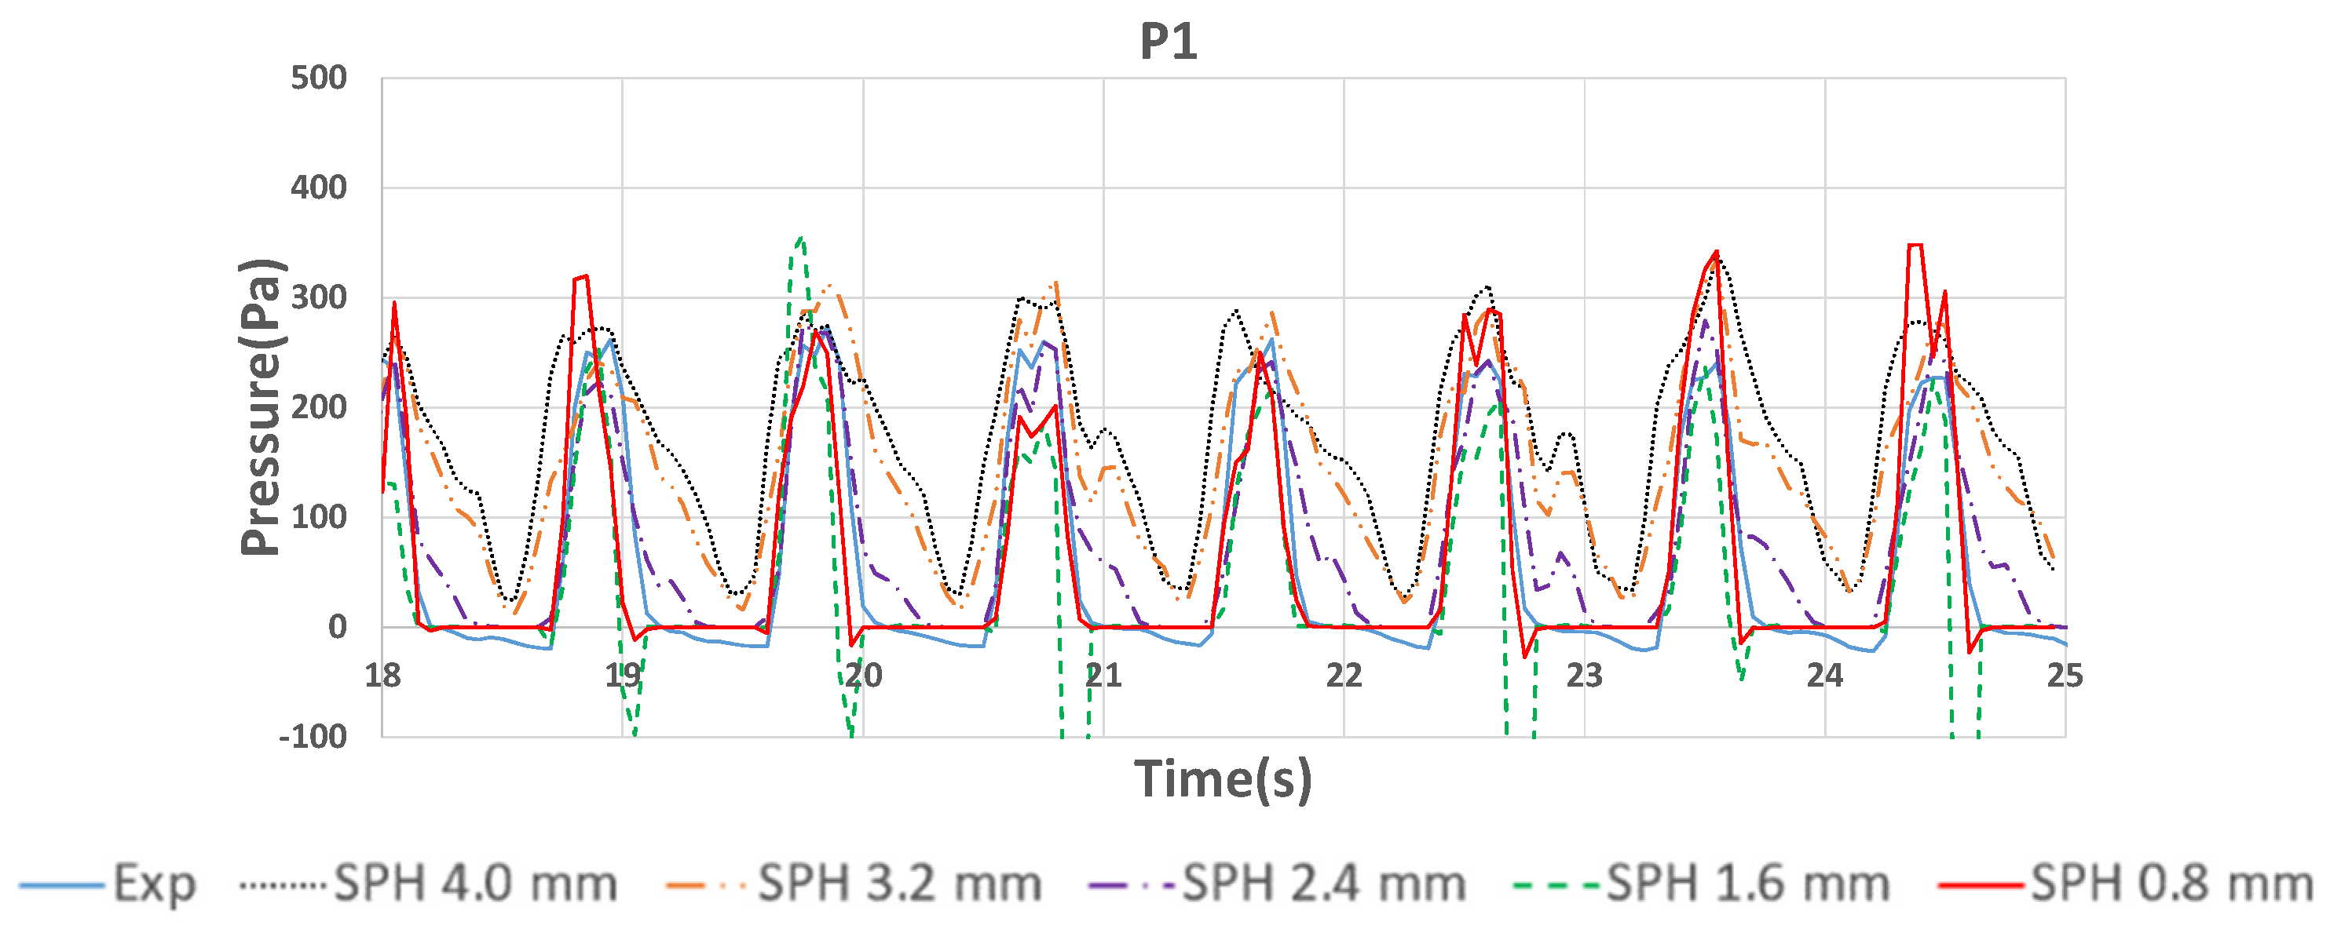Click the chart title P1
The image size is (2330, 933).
(x=1168, y=42)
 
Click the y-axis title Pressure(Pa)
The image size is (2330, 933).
(x=262, y=406)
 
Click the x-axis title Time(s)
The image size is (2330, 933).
(x=1223, y=779)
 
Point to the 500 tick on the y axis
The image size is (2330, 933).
(x=318, y=78)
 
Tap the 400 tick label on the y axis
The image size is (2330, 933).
(x=318, y=188)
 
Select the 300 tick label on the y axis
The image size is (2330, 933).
(x=318, y=297)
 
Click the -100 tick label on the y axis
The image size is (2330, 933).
(x=313, y=737)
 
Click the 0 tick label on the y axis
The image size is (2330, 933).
(x=338, y=626)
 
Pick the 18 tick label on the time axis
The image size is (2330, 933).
(x=382, y=676)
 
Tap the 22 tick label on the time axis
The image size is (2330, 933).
(x=1344, y=676)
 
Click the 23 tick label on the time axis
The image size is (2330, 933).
(x=1585, y=676)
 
